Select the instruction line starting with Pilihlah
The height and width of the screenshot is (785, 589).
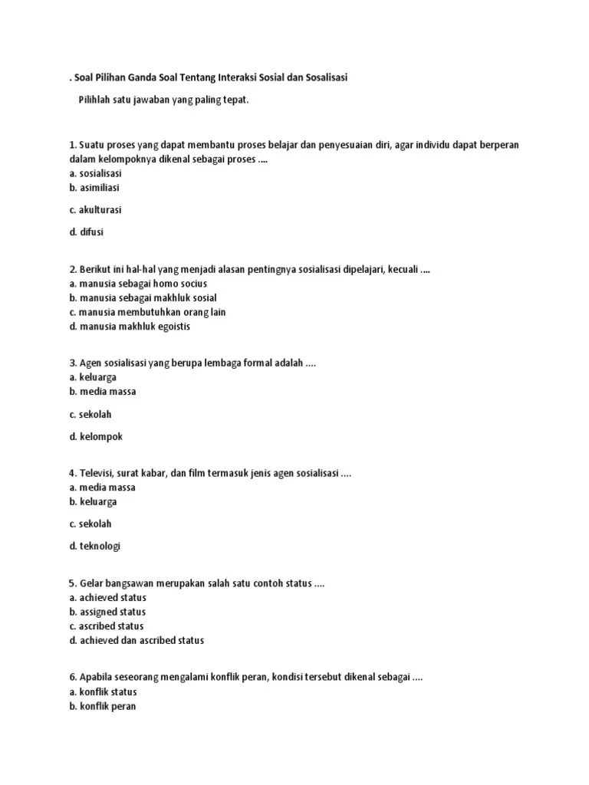[163, 101]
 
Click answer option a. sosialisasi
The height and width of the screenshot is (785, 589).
[95, 173]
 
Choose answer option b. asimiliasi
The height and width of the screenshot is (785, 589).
[94, 188]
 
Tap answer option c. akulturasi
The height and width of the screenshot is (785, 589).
[95, 209]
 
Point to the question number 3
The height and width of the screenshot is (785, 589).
[72, 363]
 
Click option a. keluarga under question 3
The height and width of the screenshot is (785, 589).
[92, 377]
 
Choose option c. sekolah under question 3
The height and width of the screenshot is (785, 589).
[90, 414]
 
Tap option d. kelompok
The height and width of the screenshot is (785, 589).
[95, 436]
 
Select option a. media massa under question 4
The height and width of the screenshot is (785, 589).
[102, 488]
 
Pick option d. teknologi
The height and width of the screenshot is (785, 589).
[94, 546]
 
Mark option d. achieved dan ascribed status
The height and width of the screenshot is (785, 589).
[136, 641]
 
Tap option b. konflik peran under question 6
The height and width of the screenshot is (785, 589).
[102, 707]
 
